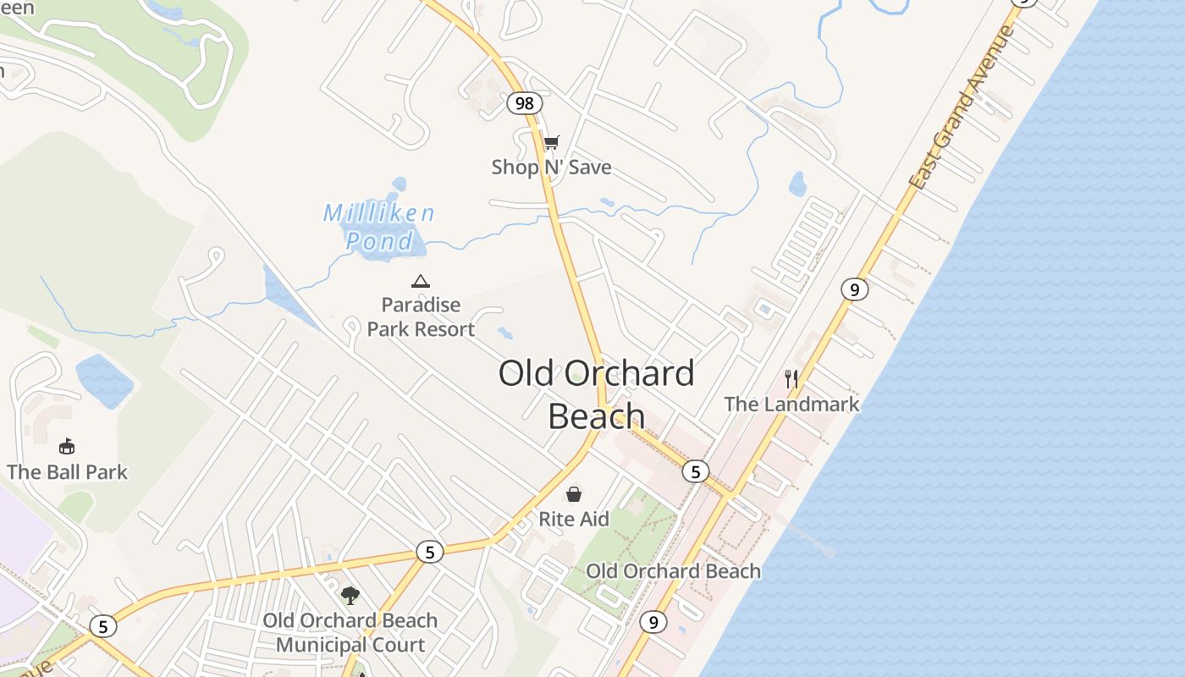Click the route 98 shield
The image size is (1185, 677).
(x=525, y=103)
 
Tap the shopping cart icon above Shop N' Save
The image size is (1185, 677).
(x=551, y=142)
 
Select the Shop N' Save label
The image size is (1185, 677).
(x=551, y=168)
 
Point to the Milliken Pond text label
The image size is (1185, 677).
(x=379, y=227)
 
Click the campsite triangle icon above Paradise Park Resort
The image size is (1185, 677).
(x=421, y=281)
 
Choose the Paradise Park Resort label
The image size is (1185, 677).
(x=421, y=317)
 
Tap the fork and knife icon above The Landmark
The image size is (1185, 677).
(x=791, y=379)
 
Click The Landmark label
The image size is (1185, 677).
(x=791, y=405)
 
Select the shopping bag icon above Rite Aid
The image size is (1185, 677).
(x=574, y=493)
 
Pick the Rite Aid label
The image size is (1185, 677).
(x=574, y=519)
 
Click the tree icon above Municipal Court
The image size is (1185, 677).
(x=350, y=596)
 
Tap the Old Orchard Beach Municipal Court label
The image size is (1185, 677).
(x=350, y=633)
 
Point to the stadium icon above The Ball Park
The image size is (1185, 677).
(x=67, y=446)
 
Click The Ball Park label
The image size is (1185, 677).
(x=67, y=472)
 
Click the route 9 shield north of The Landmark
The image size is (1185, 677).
(x=855, y=289)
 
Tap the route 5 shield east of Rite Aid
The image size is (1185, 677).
(x=695, y=471)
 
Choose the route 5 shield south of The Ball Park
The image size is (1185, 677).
(x=103, y=626)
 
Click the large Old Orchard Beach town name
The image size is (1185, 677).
(x=596, y=394)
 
